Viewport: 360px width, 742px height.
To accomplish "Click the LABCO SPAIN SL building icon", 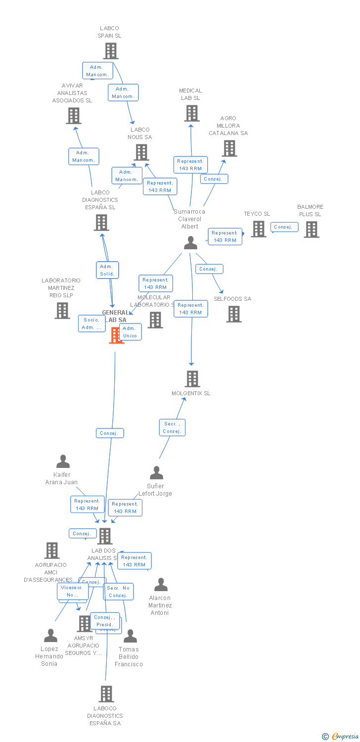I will pyautogui.click(x=110, y=50).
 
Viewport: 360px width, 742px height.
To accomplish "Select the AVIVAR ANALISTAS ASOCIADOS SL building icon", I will pyautogui.click(x=73, y=115).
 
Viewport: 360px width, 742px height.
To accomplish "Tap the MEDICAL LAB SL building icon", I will pyautogui.click(x=191, y=113).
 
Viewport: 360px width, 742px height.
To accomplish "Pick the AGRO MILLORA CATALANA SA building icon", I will pyautogui.click(x=229, y=148).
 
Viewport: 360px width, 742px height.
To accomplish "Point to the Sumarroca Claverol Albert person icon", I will pyautogui.click(x=190, y=242).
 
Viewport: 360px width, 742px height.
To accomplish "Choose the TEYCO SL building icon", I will pyautogui.click(x=258, y=229).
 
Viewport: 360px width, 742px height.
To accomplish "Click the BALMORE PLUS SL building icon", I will pyautogui.click(x=311, y=229).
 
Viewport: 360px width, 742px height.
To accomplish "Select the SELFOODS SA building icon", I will pyautogui.click(x=233, y=314).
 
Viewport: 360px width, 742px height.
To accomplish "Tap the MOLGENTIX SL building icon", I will pyautogui.click(x=192, y=378).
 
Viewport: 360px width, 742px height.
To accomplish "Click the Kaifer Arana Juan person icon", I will pyautogui.click(x=63, y=462).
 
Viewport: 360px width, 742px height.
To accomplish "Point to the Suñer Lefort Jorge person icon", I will pyautogui.click(x=156, y=472).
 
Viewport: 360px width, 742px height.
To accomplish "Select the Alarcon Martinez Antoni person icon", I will pyautogui.click(x=161, y=585).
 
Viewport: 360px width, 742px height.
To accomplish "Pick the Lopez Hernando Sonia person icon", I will pyautogui.click(x=50, y=635).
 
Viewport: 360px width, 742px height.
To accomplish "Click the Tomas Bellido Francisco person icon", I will pyautogui.click(x=130, y=636).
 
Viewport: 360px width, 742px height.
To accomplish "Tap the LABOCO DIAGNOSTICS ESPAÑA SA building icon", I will pyautogui.click(x=106, y=694).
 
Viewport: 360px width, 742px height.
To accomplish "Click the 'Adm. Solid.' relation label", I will pyautogui.click(x=107, y=270).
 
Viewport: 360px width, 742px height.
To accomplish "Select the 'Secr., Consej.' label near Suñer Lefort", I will pyautogui.click(x=172, y=427).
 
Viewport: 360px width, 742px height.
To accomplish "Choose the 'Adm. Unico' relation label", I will pyautogui.click(x=130, y=332).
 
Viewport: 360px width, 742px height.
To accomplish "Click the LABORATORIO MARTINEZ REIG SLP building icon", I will pyautogui.click(x=62, y=310).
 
